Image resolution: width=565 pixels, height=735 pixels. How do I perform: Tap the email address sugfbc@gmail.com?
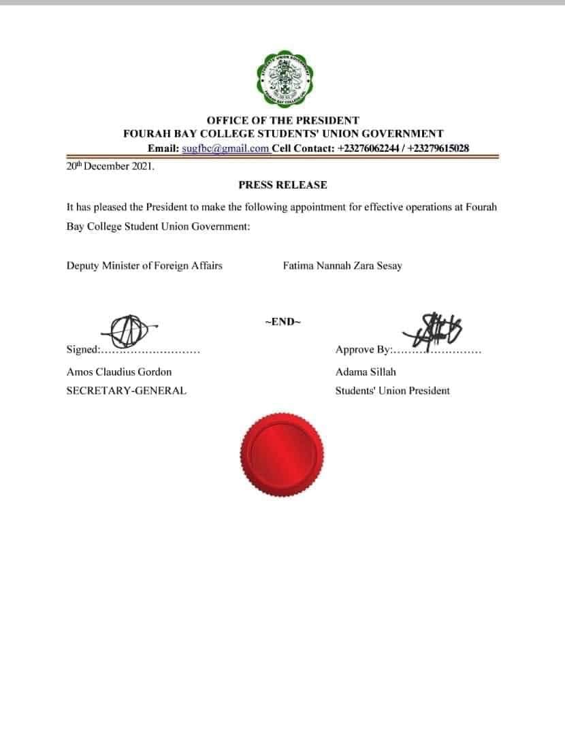point(226,148)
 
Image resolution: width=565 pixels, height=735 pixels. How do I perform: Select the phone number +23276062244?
point(366,148)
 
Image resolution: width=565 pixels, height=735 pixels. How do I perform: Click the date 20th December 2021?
point(110,166)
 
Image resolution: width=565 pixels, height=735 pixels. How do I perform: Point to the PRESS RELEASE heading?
point(282,185)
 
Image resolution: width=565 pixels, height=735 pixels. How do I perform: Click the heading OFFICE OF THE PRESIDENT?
point(283,121)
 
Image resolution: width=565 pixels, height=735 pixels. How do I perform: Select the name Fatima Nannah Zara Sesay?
point(342,265)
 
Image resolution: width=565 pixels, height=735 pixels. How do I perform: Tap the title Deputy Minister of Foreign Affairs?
point(144,265)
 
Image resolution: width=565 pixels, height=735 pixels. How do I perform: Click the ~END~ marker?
point(282,322)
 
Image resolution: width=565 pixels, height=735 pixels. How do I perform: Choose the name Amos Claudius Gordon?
point(119,372)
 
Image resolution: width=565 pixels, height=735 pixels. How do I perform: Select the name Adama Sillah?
point(366,372)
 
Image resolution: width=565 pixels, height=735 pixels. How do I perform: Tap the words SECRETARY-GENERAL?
point(126,391)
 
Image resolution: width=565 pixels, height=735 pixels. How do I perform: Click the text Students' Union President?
point(392,391)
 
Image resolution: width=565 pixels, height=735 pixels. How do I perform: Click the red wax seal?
point(282,453)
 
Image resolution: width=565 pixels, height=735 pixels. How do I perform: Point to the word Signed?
point(83,350)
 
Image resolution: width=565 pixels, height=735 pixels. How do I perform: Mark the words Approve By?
point(364,350)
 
